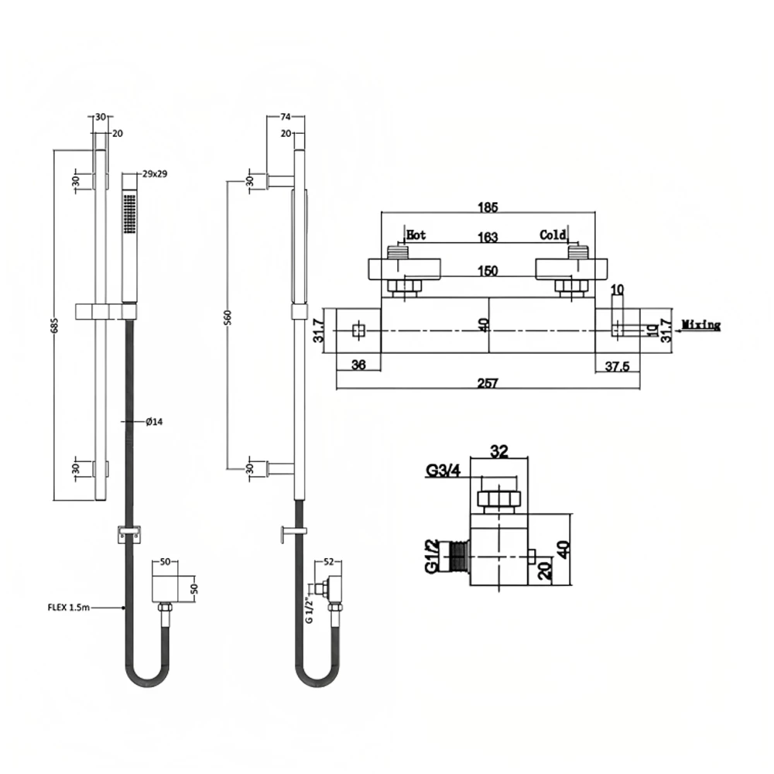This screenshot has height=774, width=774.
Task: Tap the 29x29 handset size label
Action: pos(155,174)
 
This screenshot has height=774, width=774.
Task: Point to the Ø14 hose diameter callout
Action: pos(153,421)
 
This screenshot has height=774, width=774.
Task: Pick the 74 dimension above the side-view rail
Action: pos(284,117)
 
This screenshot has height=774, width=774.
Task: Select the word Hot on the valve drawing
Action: pos(416,235)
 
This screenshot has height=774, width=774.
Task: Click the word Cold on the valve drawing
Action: pos(553,235)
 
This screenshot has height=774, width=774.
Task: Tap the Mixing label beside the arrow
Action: pos(701,325)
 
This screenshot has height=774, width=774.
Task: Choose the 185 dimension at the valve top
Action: pos(488,207)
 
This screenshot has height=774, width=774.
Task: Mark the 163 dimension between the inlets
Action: pos(488,238)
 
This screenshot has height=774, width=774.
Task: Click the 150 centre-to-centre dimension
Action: pos(487,271)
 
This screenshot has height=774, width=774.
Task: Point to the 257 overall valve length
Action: pos(488,382)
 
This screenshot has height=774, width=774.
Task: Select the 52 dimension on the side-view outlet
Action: pos(328,562)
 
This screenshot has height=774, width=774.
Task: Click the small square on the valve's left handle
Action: pos(358,330)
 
